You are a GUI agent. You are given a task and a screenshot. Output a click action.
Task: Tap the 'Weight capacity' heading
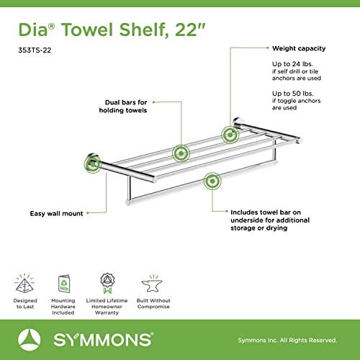pos(298,49)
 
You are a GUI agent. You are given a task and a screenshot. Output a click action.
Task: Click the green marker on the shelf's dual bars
pos(180,153)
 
